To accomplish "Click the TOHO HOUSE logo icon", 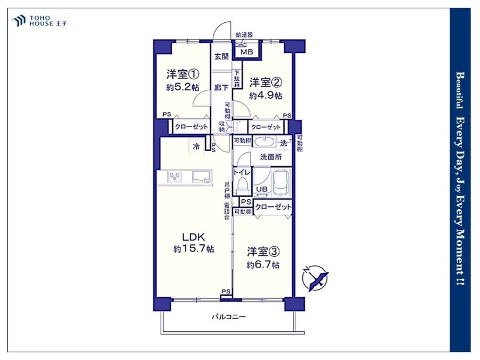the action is coord(19,21).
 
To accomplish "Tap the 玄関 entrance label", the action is coord(221,57).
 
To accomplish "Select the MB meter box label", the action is coord(247,52).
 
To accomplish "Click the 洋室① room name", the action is coord(183,74).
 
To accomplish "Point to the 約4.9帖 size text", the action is coord(266,96).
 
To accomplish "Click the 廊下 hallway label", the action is coord(221,88).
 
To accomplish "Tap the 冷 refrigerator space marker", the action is coord(196,146).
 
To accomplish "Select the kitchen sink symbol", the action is coord(202,177).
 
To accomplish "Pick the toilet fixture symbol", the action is coord(242,185).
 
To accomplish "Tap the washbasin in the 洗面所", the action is coord(265,142).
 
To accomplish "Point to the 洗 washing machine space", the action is coord(284,143).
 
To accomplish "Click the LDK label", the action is coord(193,237).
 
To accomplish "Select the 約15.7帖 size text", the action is coord(193,249).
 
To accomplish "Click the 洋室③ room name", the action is coord(263,252).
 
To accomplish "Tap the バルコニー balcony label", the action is coord(228,317).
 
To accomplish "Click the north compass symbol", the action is coord(315,278).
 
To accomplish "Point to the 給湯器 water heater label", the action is coord(244,35).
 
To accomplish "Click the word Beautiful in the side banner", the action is coord(460,90).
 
